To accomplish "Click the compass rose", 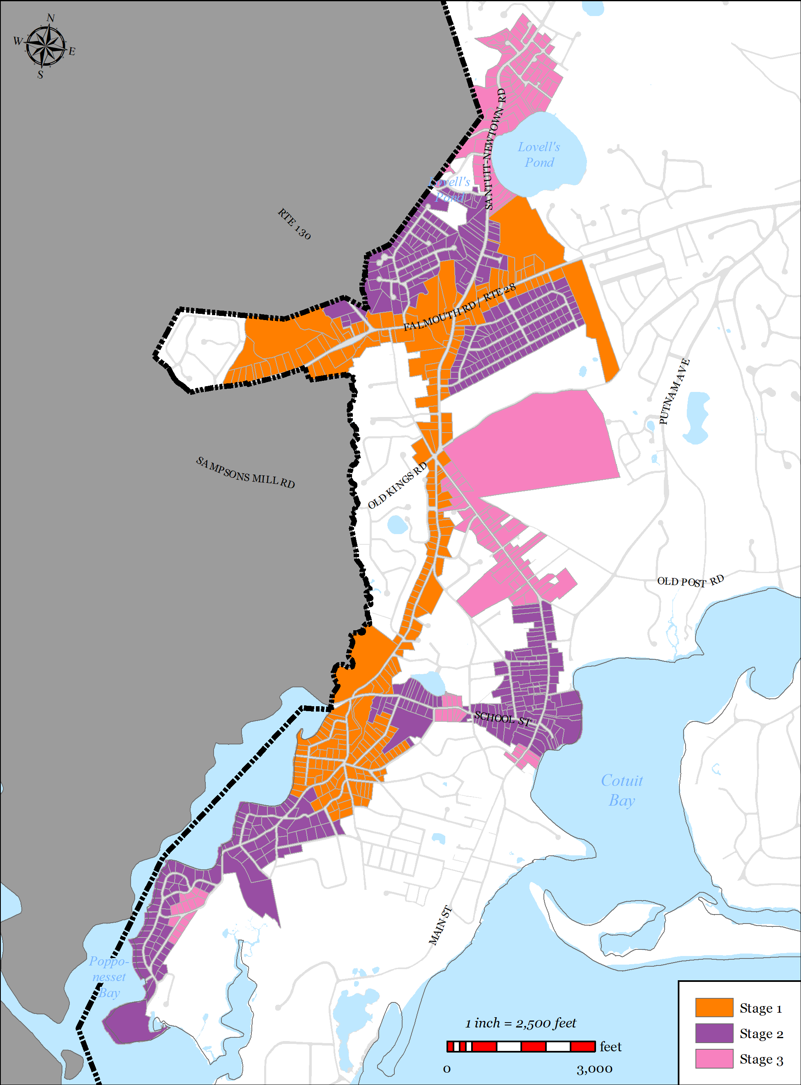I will (x=45, y=46).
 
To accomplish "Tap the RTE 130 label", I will (x=294, y=223).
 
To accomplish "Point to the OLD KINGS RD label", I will (x=398, y=485).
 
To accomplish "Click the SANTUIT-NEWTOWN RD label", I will (x=495, y=149).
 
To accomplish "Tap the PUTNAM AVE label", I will (x=674, y=392).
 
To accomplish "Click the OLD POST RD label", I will (x=690, y=581).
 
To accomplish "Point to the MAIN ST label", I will (x=440, y=926).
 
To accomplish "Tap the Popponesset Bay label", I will (x=108, y=977).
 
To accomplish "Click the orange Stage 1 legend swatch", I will (x=714, y=1007).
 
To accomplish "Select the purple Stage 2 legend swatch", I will (x=714, y=1033).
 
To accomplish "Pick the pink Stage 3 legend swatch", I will (x=714, y=1058).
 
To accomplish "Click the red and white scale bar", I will (x=521, y=1046).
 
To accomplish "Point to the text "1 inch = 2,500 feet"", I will (x=521, y=1023).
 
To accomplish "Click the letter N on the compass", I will (x=51, y=18).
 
